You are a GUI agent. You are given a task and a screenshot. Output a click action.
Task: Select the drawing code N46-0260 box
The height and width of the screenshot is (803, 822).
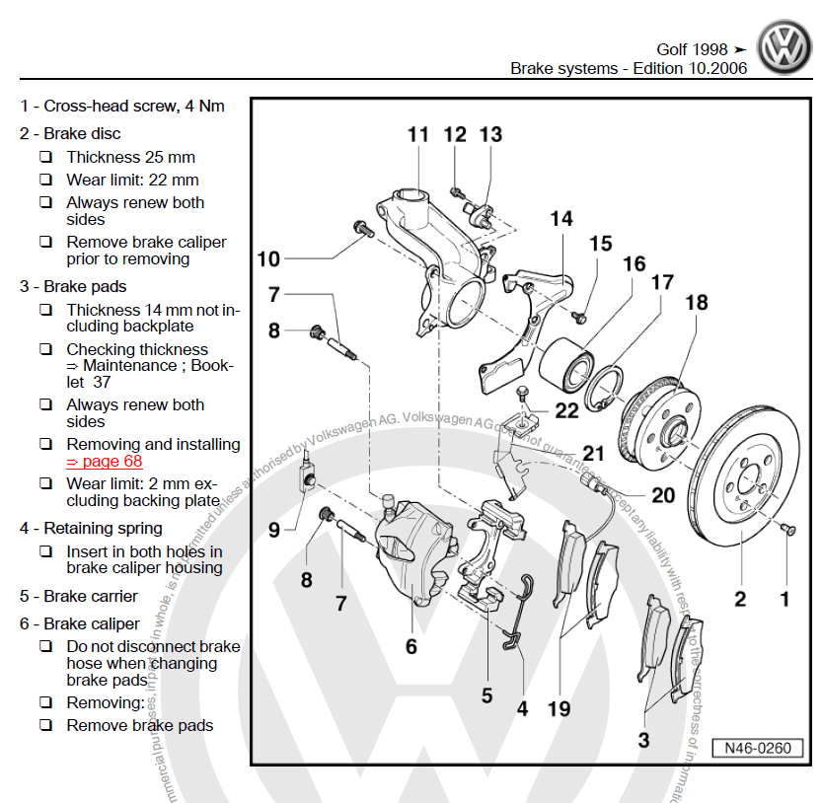759,748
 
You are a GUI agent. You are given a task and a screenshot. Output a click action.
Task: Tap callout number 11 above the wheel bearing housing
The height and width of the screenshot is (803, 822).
418,134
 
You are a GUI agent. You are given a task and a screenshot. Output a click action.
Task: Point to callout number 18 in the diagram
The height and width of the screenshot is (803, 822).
697,302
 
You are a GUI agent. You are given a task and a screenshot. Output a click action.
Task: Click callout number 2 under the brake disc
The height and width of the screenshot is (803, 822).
739,598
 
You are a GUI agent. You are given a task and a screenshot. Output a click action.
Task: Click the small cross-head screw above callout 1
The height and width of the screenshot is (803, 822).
787,531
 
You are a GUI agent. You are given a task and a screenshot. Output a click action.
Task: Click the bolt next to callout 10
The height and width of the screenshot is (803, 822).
359,230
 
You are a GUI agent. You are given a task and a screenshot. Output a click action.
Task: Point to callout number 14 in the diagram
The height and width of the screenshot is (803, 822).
561,218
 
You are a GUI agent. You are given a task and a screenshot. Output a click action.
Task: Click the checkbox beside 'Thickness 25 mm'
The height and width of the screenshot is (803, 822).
46,157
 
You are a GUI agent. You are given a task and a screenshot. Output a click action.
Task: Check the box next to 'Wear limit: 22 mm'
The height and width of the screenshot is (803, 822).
46,180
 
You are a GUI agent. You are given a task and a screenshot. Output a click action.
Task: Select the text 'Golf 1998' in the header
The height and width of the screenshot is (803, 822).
692,49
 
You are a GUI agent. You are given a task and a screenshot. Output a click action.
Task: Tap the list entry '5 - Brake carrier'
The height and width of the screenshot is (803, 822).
79,596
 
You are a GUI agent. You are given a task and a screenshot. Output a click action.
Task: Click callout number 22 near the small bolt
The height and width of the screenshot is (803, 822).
566,410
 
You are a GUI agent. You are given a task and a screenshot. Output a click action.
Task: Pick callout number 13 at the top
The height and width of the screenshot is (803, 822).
490,134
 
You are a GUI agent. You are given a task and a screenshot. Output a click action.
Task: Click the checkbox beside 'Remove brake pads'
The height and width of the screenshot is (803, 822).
46,725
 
